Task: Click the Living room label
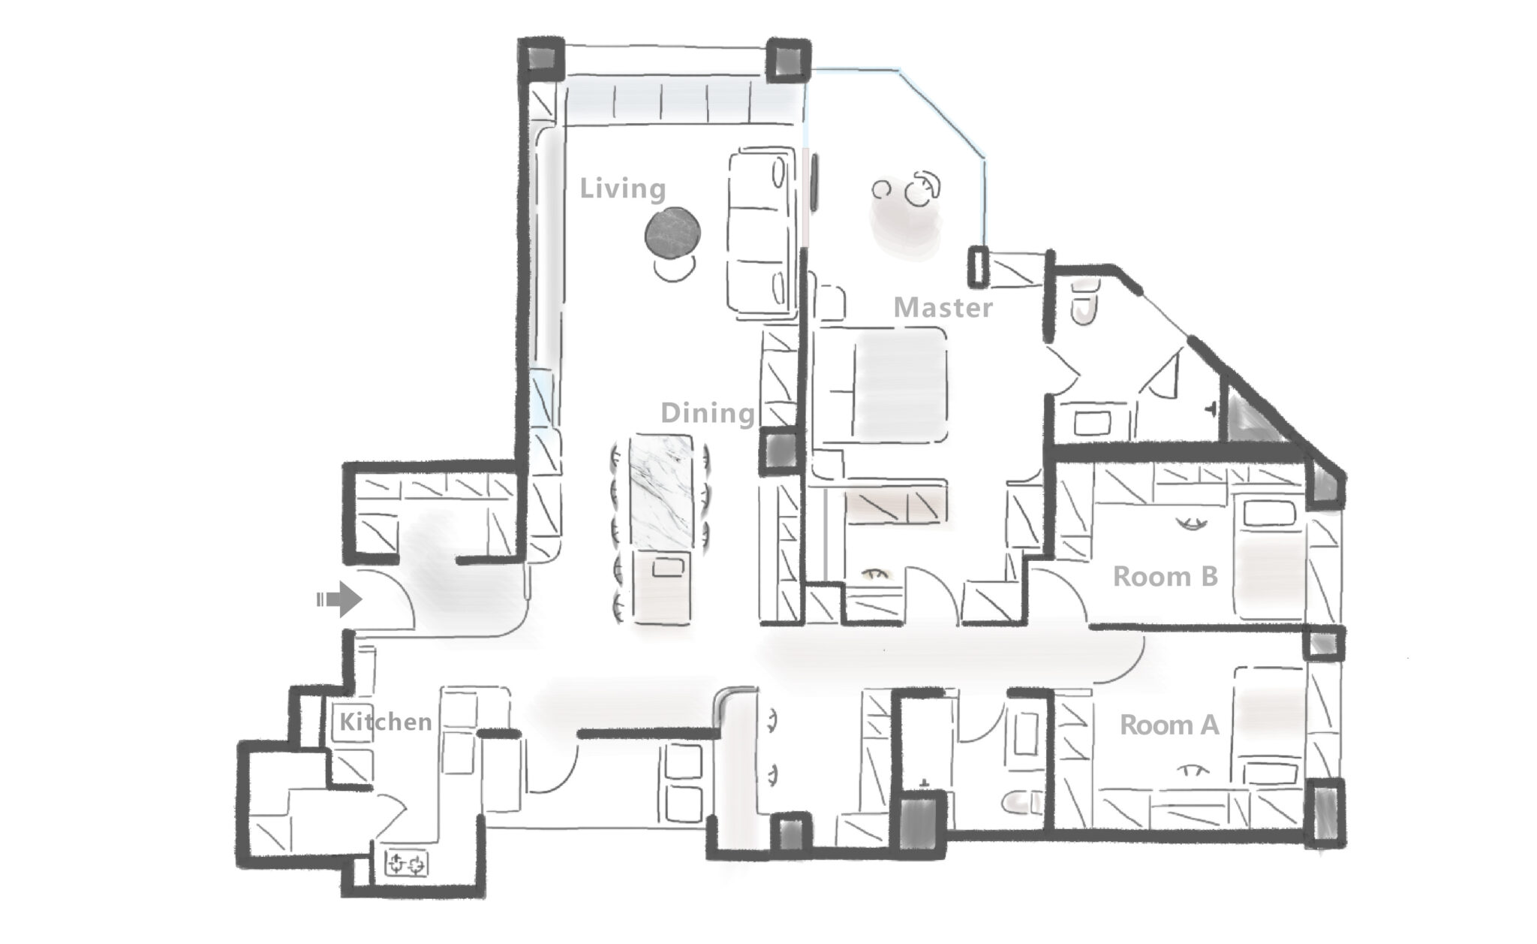tap(622, 188)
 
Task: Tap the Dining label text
tap(707, 412)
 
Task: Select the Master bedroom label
tap(943, 307)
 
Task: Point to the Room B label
tap(1165, 576)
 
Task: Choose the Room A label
tap(1169, 725)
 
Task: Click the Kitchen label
tap(386, 722)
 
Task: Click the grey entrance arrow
tap(339, 599)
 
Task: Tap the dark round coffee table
tap(674, 234)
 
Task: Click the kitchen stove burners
tap(406, 864)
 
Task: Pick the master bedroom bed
tap(880, 385)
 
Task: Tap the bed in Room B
tap(1269, 559)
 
